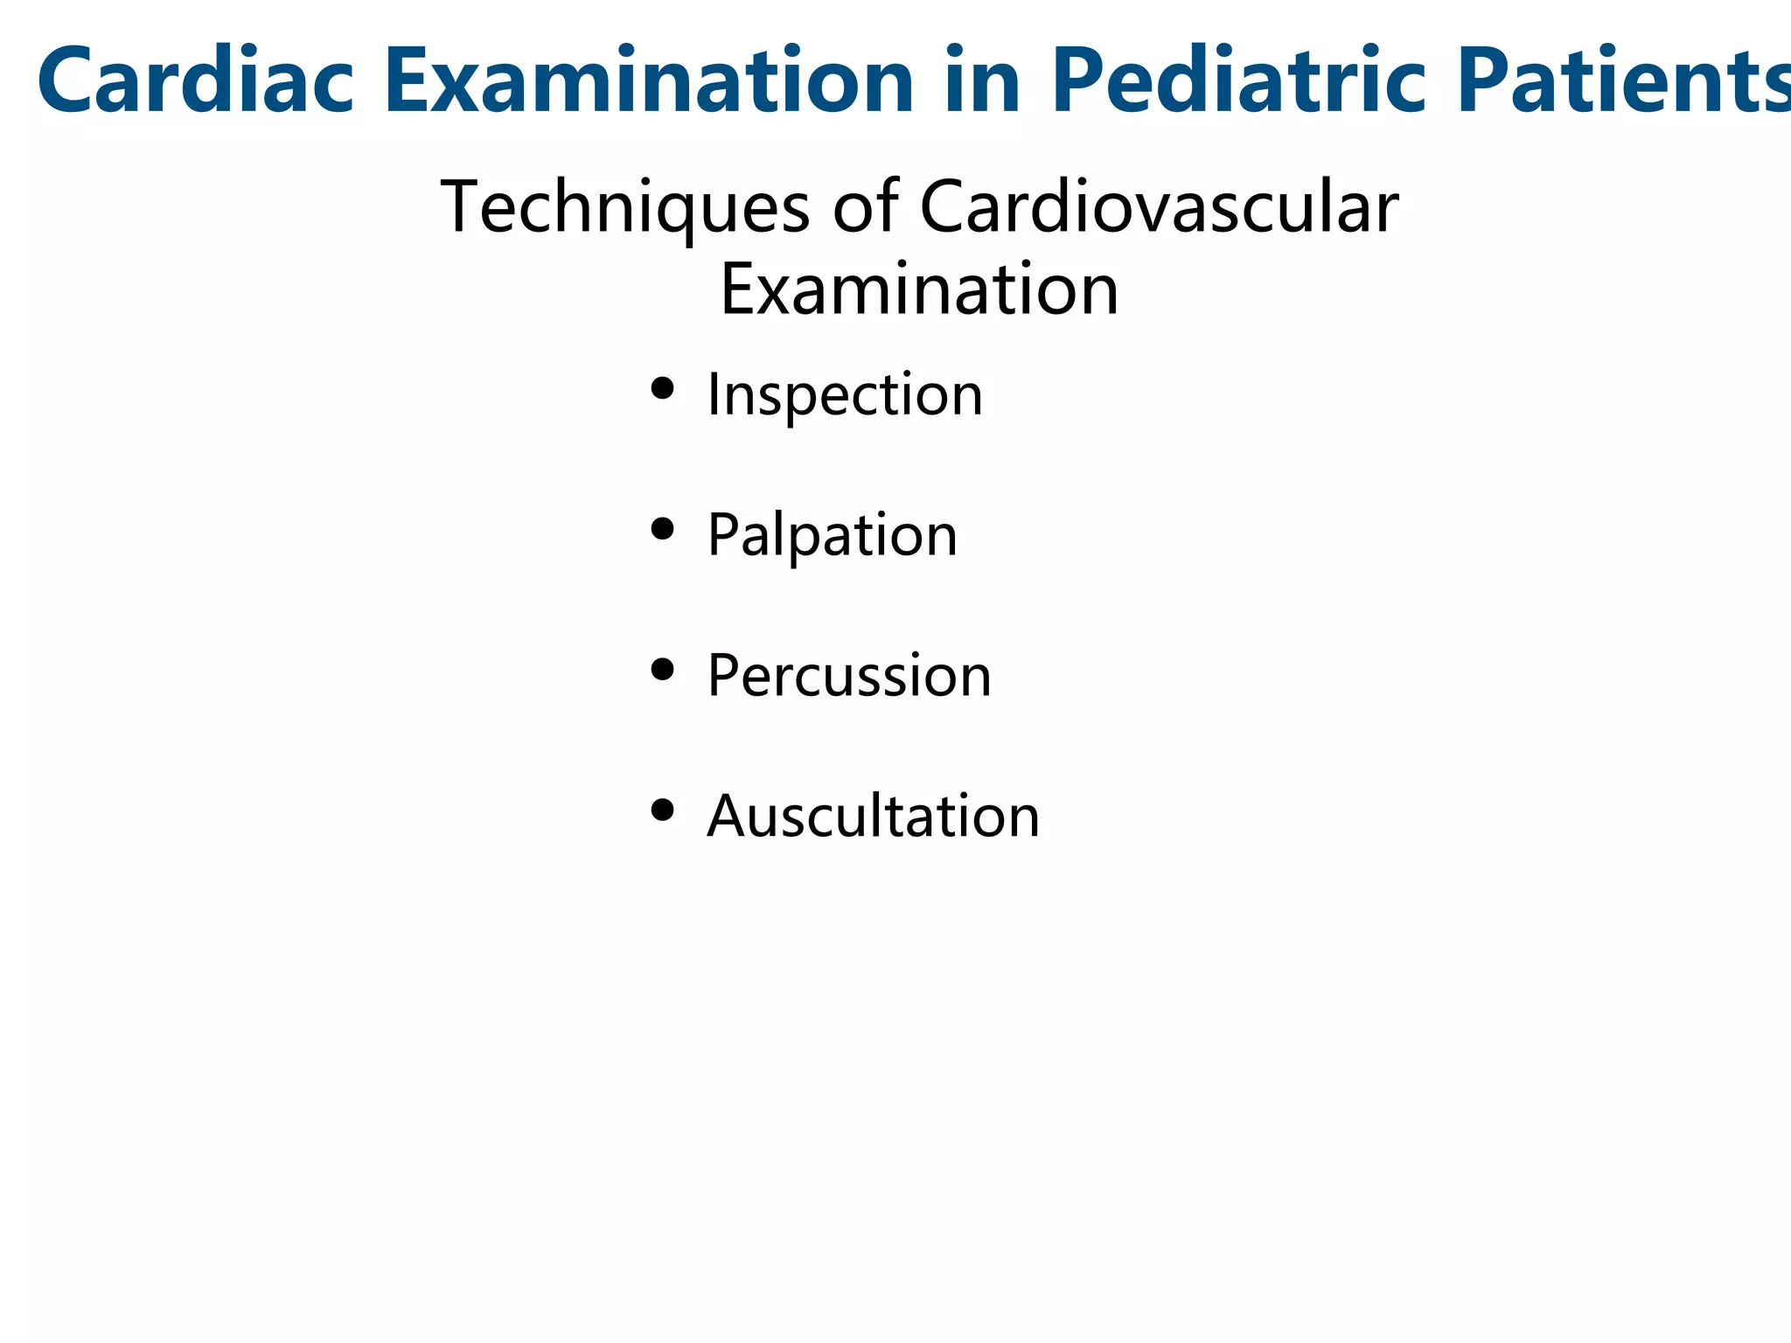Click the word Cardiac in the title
[x=195, y=80]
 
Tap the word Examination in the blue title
[x=648, y=80]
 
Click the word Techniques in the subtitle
[x=624, y=208]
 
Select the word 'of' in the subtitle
[x=865, y=208]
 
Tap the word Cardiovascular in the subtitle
[x=1159, y=208]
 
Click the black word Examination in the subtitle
[x=918, y=290]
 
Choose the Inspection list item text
[x=845, y=395]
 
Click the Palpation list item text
[x=832, y=535]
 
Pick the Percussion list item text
[x=849, y=676]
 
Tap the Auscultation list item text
[x=873, y=817]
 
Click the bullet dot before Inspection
[x=663, y=388]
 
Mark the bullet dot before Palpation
[x=663, y=529]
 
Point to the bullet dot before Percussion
[x=663, y=670]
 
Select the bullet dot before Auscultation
[x=663, y=811]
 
